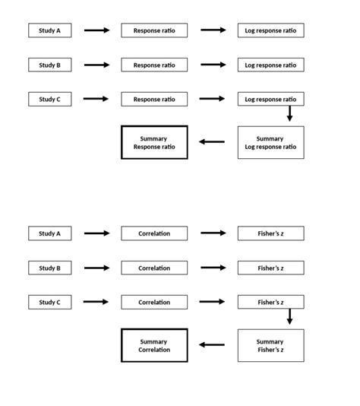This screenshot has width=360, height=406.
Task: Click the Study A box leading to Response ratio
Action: tap(49, 30)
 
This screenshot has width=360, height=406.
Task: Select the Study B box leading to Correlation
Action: tap(49, 268)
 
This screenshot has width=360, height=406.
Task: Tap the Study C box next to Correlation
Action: tap(49, 302)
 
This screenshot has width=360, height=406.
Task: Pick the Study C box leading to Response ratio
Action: tap(49, 99)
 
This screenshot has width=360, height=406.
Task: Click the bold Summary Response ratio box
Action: tap(154, 142)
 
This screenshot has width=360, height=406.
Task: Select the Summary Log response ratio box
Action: tap(270, 142)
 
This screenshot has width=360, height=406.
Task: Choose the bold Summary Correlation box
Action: tap(154, 345)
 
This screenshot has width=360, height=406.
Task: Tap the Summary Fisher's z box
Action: tap(270, 346)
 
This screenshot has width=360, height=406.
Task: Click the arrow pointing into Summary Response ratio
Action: tap(212, 142)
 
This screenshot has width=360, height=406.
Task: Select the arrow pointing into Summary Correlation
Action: tap(212, 345)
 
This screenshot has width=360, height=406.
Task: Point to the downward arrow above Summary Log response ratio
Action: tap(289, 113)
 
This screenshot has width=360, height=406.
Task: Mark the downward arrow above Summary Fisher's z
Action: tap(289, 316)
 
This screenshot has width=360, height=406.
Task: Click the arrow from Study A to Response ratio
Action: tap(96, 30)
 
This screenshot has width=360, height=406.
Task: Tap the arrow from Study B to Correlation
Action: tap(96, 268)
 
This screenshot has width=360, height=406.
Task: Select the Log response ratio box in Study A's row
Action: tap(270, 30)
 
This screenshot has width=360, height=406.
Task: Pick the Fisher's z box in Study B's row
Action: tap(270, 268)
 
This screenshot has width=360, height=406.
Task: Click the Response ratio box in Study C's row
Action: tap(154, 99)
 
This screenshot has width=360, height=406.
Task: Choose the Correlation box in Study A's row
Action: tap(154, 233)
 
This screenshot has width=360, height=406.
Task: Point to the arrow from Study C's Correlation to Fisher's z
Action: tap(213, 302)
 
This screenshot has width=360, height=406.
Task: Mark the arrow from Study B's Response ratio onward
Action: tap(213, 65)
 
